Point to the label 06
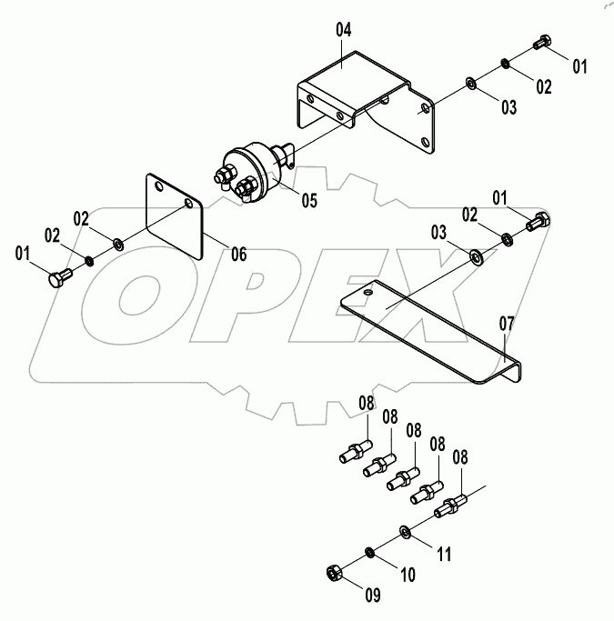tap(237, 255)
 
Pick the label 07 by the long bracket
tap(507, 322)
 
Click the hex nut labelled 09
tap(333, 573)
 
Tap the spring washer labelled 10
tap(371, 553)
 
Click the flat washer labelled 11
tap(404, 531)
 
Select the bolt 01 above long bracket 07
tap(537, 220)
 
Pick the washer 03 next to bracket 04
tap(470, 84)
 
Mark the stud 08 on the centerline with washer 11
tap(451, 507)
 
